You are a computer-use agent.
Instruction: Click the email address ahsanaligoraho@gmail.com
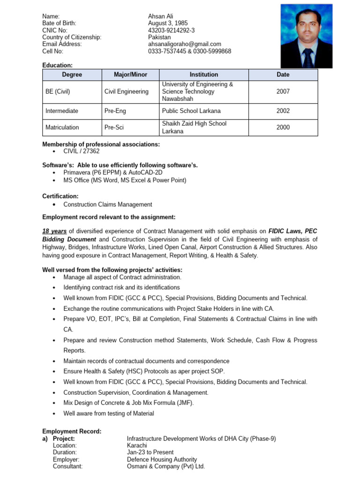tap(185, 44)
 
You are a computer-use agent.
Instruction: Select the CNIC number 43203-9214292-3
tap(172, 30)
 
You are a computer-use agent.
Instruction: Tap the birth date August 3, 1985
tap(167, 23)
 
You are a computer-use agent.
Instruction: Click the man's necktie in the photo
tap(307, 57)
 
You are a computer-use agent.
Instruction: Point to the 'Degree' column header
tap(72, 75)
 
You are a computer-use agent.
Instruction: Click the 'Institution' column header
tap(203, 75)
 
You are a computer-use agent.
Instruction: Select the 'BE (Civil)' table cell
tap(58, 92)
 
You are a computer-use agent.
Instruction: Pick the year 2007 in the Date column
tap(283, 92)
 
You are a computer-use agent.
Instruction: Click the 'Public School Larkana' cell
tap(191, 111)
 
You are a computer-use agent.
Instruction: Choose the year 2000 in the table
tap(283, 127)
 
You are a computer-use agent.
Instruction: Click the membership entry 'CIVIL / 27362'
tap(82, 151)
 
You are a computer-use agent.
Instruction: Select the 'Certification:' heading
tap(60, 196)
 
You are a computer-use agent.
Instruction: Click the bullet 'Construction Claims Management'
tap(108, 204)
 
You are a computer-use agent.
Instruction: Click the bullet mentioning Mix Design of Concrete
tap(128, 403)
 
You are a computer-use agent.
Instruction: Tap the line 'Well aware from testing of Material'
tap(109, 413)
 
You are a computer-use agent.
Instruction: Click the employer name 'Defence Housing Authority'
tap(162, 459)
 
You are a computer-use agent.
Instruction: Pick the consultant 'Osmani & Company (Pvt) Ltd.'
tap(166, 466)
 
